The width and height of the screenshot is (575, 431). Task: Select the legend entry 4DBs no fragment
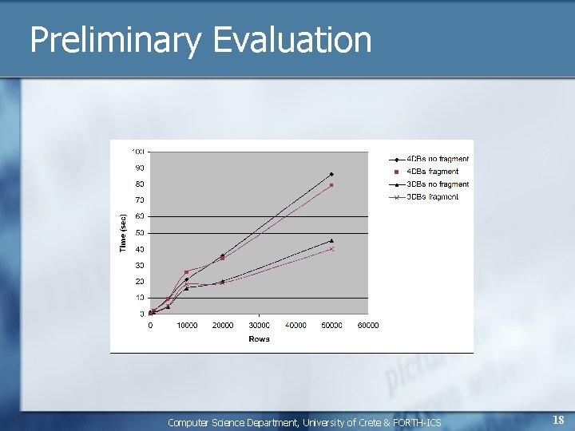(432, 159)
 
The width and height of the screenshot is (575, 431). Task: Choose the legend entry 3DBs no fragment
(432, 184)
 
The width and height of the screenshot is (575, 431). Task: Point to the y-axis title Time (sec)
(123, 233)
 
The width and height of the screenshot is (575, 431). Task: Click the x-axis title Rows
(259, 339)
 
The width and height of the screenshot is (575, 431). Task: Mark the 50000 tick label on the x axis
(331, 326)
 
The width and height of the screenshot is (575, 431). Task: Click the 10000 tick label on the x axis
(187, 326)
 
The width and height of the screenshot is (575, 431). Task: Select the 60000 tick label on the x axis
(367, 326)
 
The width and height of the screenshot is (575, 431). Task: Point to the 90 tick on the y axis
(140, 168)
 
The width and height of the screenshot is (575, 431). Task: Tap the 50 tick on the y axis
(140, 233)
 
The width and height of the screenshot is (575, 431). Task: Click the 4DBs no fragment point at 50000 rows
(331, 174)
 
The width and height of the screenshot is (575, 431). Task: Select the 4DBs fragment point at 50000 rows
(331, 185)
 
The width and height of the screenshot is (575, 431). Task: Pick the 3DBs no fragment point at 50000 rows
(331, 240)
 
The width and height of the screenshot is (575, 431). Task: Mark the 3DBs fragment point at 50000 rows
(331, 249)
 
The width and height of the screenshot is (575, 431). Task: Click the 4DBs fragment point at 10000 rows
(187, 272)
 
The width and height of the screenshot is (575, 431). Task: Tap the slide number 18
(558, 420)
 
